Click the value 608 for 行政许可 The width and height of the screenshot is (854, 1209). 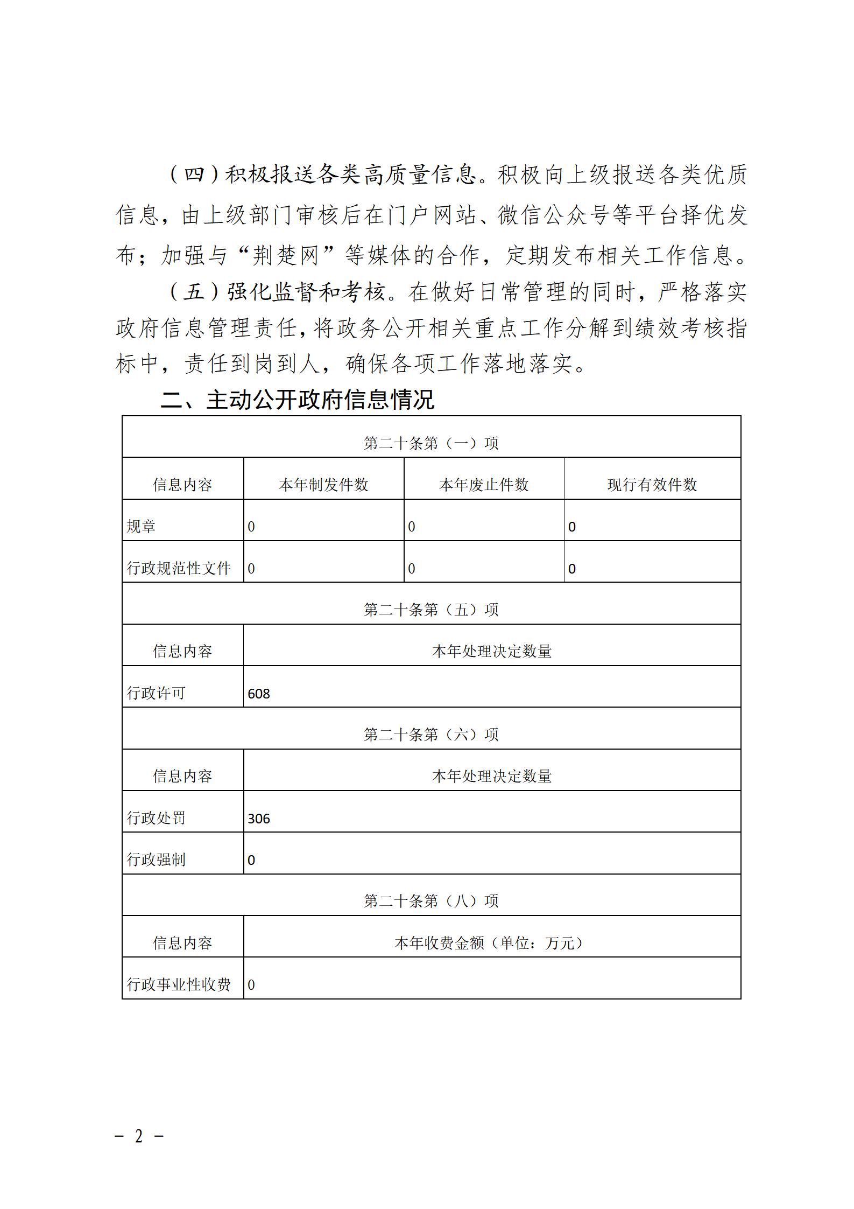[259, 694]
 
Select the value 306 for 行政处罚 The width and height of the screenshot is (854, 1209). [259, 819]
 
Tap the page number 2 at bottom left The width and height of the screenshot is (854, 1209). [139, 1137]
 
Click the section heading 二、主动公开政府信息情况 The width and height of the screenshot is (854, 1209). [298, 400]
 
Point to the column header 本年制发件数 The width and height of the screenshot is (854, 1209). [323, 485]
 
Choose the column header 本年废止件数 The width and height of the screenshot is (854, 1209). [484, 485]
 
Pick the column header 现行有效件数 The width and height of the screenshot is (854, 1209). [652, 485]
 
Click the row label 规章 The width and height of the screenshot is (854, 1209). [141, 526]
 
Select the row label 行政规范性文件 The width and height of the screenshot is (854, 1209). [179, 568]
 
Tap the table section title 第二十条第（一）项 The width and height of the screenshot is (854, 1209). [431, 443]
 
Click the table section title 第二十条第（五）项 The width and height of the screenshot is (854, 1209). [431, 610]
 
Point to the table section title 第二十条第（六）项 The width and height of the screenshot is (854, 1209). [431, 735]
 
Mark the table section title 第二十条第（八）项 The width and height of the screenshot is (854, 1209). [431, 901]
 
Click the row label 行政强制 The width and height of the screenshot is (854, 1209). [156, 859]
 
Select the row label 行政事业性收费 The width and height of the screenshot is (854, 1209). [179, 984]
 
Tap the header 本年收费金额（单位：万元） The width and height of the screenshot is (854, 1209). [491, 943]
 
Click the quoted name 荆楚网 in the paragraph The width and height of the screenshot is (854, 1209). [286, 255]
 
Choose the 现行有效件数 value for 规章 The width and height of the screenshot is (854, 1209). [572, 527]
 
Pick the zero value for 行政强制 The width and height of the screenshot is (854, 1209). [251, 860]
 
